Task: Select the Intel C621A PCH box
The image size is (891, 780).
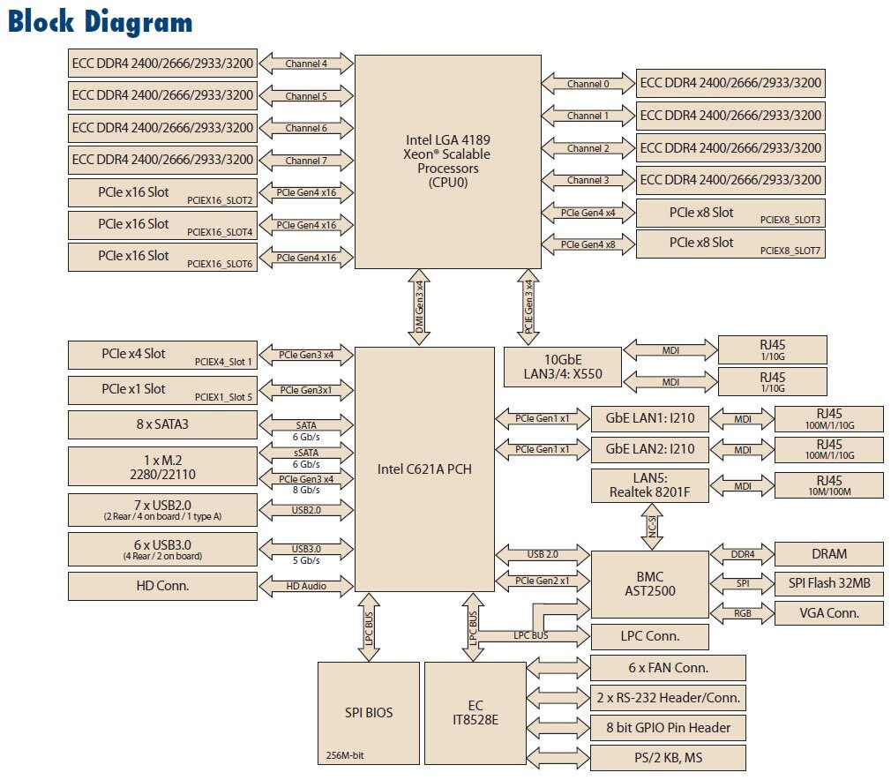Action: (424, 469)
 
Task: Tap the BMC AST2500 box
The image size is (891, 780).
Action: (648, 583)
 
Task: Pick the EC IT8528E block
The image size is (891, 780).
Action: (475, 712)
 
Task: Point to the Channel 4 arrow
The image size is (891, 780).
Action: (306, 64)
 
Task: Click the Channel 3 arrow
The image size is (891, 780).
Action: (588, 181)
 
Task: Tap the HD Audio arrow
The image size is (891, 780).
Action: (306, 585)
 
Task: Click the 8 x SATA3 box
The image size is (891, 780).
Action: (162, 424)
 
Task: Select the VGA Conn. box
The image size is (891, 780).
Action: (828, 612)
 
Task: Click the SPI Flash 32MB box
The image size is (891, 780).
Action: (828, 583)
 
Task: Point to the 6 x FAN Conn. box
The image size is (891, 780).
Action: (668, 668)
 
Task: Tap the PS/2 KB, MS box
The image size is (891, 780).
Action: (668, 758)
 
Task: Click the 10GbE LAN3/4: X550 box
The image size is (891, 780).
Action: (562, 366)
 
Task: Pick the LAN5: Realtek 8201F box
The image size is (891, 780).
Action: (649, 486)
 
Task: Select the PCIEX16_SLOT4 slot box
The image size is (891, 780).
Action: (162, 226)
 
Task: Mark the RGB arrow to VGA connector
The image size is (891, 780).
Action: (742, 612)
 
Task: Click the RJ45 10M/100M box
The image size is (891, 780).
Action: (828, 486)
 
